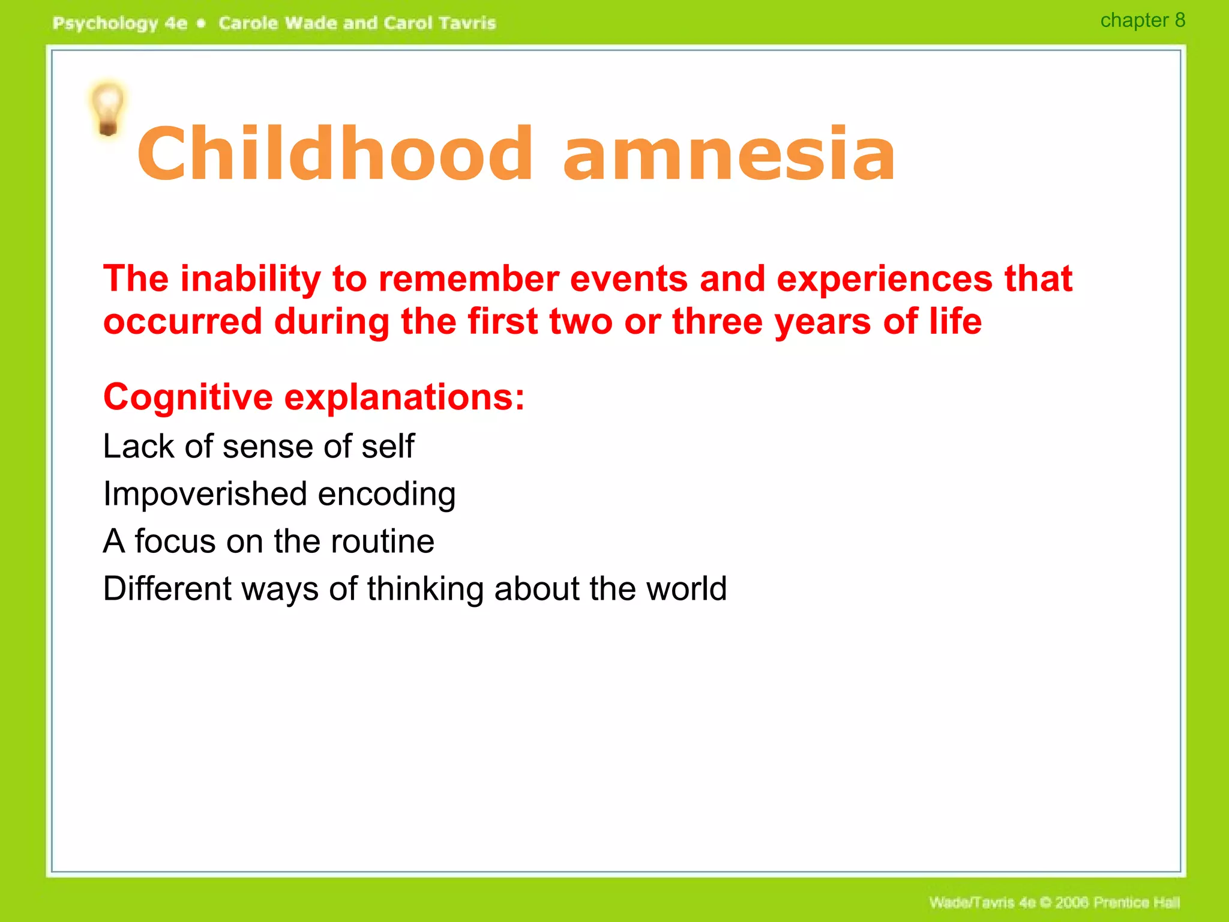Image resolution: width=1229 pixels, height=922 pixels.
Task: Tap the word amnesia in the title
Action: click(x=729, y=154)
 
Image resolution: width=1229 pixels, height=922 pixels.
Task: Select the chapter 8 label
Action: click(x=1142, y=20)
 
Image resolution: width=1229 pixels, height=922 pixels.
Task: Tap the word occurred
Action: click(x=182, y=322)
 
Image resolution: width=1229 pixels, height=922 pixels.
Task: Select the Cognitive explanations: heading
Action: click(x=314, y=397)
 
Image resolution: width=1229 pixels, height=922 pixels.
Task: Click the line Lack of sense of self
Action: click(x=258, y=447)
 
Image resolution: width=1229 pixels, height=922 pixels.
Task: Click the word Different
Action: click(x=167, y=589)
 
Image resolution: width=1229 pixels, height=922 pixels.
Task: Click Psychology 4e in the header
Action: click(x=120, y=23)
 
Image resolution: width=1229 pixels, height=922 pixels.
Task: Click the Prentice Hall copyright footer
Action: click(x=1054, y=902)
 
